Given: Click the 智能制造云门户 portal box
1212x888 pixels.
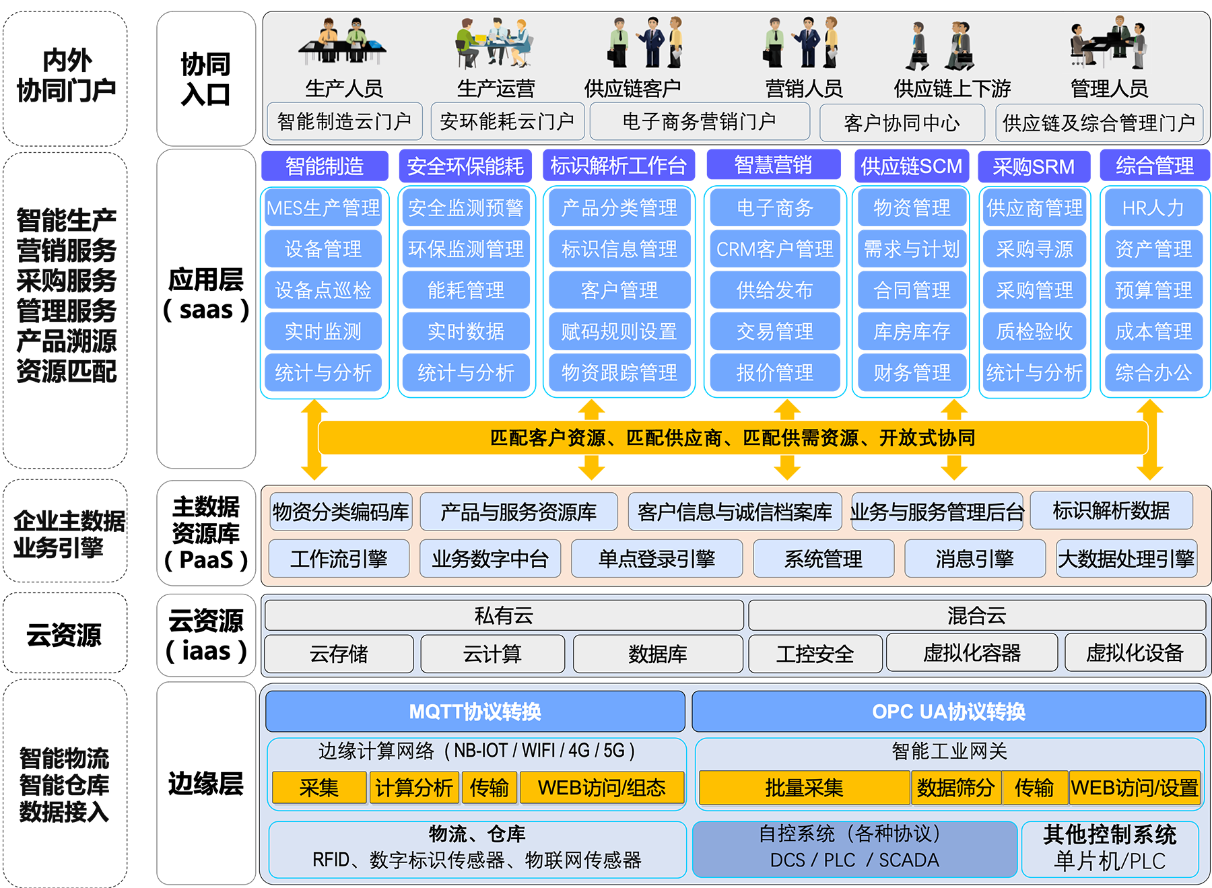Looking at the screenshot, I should coord(344,121).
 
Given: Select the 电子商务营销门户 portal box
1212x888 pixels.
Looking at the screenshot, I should coord(699,121).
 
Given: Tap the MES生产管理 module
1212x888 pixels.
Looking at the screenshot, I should coord(323,208).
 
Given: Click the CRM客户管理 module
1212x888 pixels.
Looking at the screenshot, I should coord(774,249).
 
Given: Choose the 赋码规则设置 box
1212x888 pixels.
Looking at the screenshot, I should coord(619,331).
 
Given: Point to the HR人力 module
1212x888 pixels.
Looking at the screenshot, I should coord(1153,208).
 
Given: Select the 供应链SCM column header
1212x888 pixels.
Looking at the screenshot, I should coord(911,166).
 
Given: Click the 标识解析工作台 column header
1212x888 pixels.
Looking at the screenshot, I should coord(618,166).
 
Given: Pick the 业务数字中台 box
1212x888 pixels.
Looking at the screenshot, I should coord(490,559).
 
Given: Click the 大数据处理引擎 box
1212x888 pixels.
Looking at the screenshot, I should coord(1126,559).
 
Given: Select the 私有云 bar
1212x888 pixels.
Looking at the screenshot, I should coord(504,615).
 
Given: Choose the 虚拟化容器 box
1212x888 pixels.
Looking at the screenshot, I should coord(972,652).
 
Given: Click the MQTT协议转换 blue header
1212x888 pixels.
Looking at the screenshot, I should coord(475,712).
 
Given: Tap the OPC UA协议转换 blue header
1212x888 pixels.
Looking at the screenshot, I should coord(948,712).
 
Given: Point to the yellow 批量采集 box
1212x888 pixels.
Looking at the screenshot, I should coord(804,788).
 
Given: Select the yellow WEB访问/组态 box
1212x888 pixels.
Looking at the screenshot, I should coord(601,788).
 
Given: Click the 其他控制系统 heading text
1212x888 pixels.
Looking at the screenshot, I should coord(1110,835).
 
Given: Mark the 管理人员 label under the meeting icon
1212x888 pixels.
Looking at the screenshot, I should coord(1109,88).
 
